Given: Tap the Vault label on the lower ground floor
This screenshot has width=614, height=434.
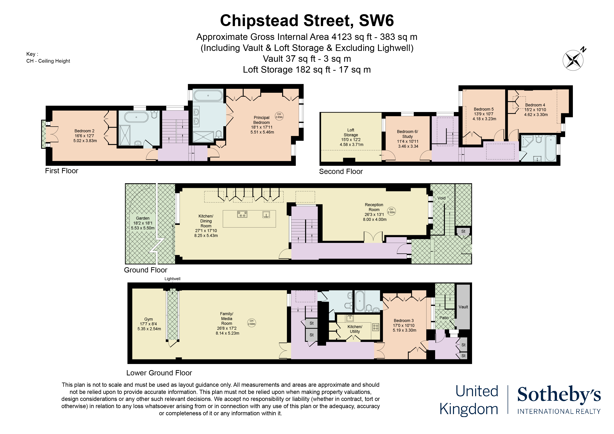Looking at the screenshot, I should pos(463,307).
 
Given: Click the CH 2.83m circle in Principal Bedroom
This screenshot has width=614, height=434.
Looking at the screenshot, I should pos(279,116).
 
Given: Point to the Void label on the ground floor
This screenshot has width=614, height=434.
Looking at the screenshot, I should pos(441,198).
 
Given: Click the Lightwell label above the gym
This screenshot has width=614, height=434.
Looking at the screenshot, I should pos(172,279).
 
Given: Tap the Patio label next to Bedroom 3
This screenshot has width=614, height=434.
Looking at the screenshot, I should pos(444,318).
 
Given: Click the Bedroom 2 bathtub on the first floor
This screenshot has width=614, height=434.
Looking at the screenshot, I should pos(136,117).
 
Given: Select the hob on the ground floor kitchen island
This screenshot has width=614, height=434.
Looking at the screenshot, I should pos(242,214).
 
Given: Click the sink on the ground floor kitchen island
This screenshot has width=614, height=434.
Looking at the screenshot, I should pos(266,214).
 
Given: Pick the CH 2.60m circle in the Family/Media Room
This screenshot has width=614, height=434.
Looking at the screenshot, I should pos(251,322).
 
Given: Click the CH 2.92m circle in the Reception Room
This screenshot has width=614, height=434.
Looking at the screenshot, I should pos(391,211).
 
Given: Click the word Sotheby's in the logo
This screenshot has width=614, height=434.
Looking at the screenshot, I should pos(559,394).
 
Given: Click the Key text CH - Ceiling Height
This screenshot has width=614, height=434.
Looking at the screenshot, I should pos(48,61).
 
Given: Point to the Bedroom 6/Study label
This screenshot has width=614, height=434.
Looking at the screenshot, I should pos(407,134).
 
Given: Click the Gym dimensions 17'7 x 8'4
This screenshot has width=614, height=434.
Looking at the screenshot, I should pos(149,324).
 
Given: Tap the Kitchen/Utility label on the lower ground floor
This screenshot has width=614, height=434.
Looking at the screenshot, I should pos(355,329).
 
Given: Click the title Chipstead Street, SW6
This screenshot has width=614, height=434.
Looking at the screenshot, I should pos(307,21).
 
